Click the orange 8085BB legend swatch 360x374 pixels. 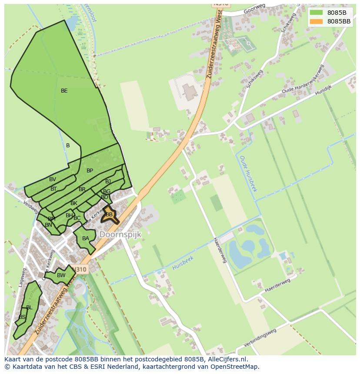click(316, 21)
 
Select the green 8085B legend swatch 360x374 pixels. click(316, 13)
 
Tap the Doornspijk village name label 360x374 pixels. click(120, 234)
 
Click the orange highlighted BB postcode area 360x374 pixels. click(109, 215)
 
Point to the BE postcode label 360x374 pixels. click(64, 91)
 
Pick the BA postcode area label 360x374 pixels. click(86, 238)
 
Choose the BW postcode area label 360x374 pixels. click(61, 275)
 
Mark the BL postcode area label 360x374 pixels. click(29, 308)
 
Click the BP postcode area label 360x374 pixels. click(90, 171)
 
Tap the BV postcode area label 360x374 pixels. click(53, 179)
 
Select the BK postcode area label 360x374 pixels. click(74, 203)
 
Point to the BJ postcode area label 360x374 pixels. click(108, 182)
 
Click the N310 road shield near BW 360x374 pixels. click(80, 270)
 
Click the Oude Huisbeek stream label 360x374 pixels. click(249, 174)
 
